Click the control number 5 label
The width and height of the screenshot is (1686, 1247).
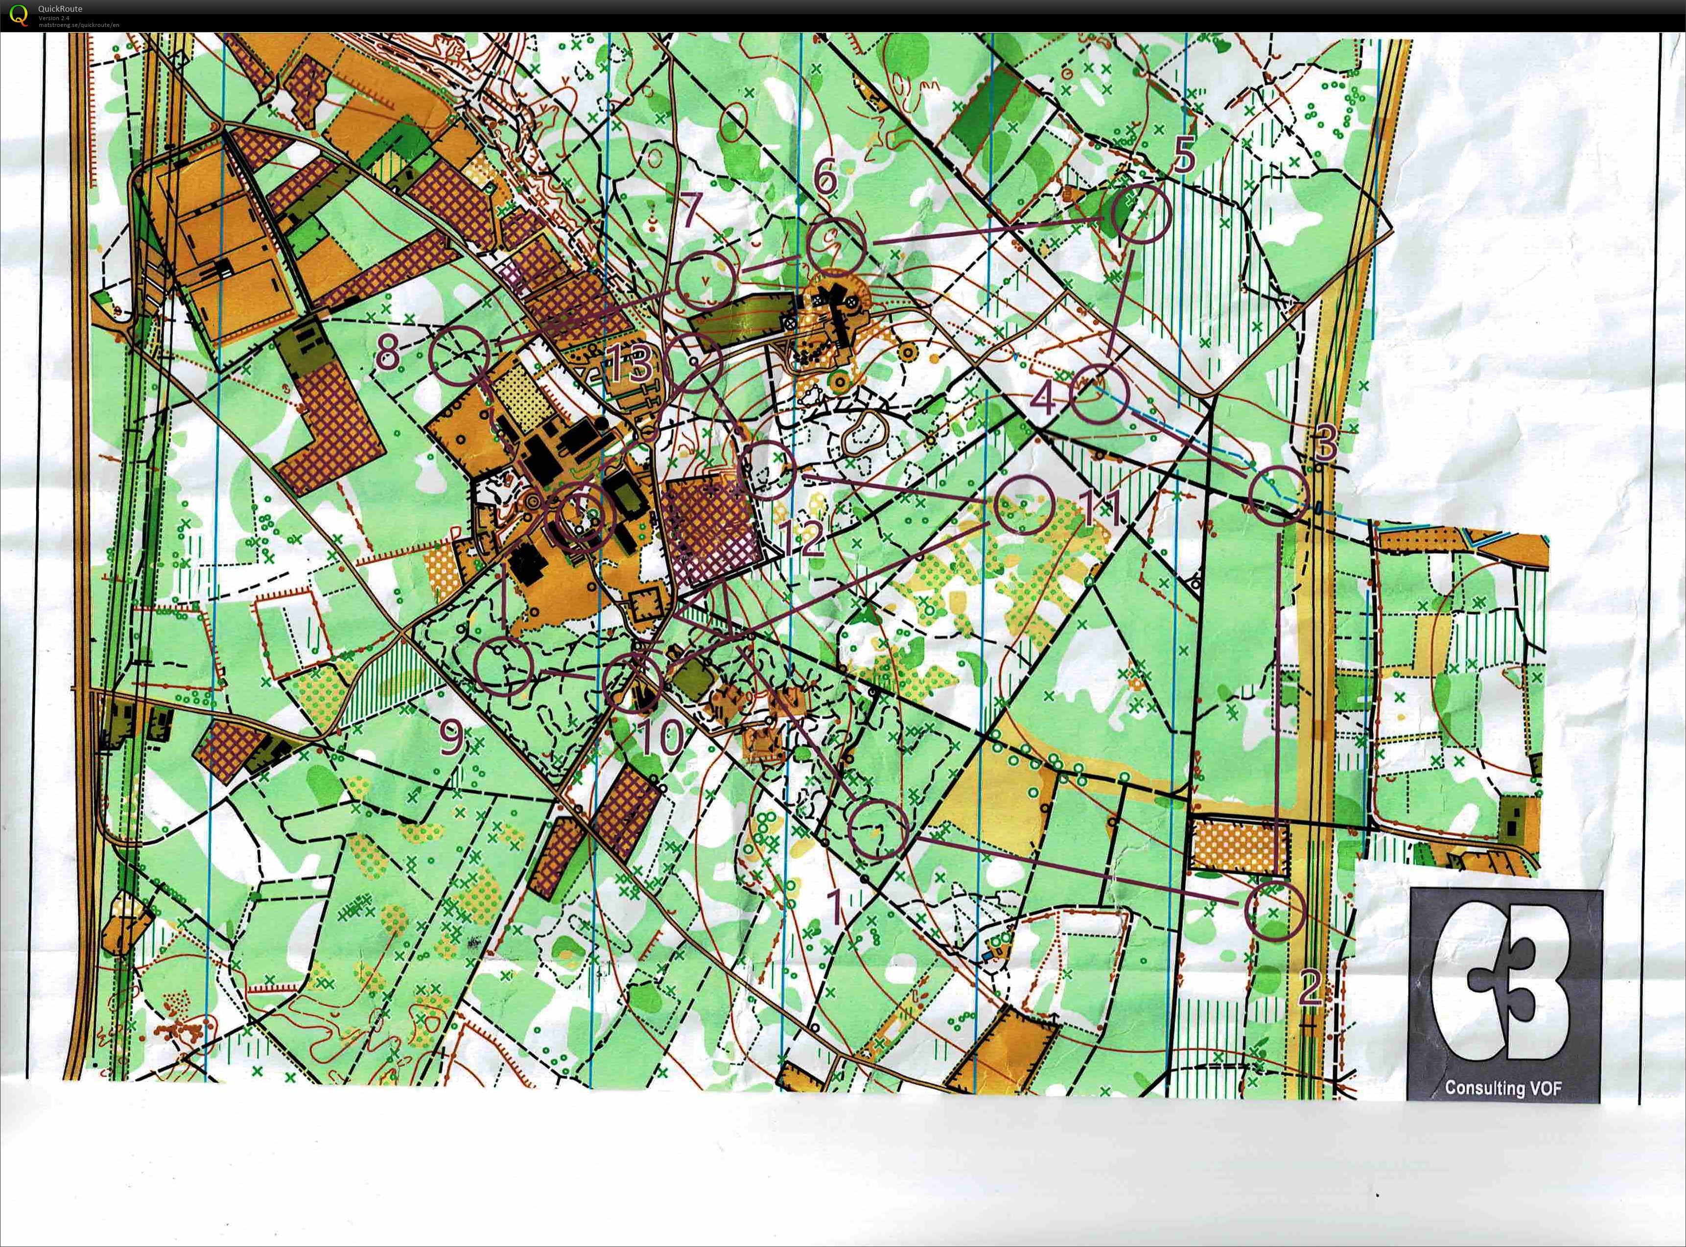(x=1184, y=156)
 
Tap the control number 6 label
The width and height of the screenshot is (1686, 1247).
(x=826, y=178)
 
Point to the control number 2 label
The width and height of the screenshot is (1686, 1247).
(x=1310, y=988)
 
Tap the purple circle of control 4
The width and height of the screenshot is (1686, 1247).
(x=1100, y=394)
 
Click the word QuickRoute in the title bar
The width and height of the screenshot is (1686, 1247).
(x=60, y=8)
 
